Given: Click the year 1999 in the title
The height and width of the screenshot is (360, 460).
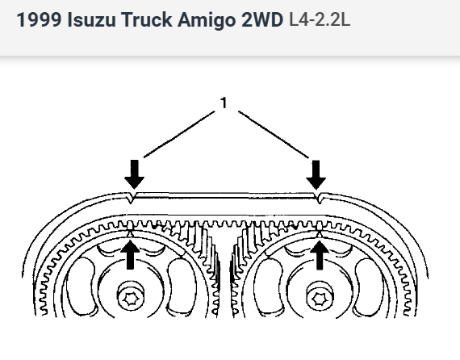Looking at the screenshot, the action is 39,20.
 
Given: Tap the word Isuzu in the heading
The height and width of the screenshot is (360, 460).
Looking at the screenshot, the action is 91,20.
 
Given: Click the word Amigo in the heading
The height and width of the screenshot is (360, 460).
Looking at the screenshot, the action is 207,20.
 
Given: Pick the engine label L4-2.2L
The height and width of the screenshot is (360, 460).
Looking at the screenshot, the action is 320,20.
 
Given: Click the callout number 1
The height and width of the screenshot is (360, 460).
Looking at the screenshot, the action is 224,103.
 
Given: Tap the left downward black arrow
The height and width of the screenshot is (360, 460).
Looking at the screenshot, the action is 134,174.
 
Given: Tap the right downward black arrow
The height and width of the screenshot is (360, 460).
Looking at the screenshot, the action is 316,174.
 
